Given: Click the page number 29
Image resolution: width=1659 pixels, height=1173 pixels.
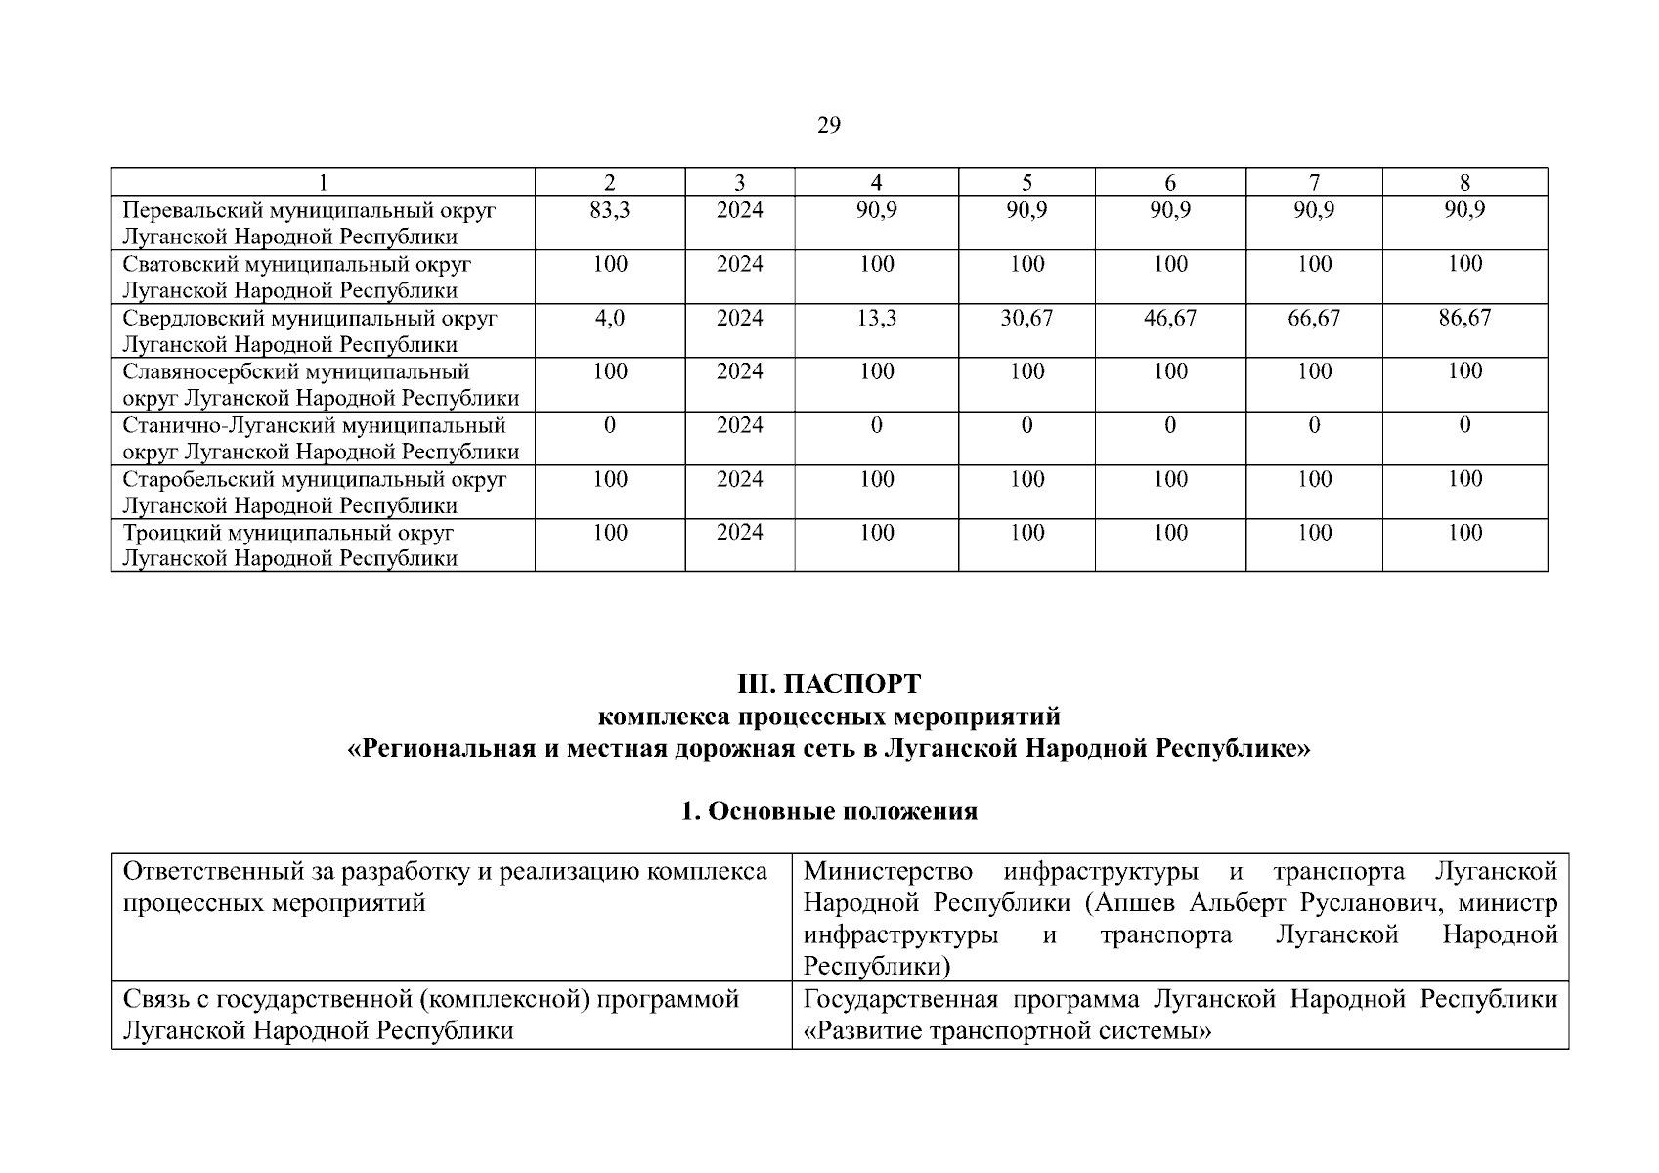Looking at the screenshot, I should click(828, 126).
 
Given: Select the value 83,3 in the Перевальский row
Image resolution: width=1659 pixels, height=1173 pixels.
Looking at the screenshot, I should click(610, 210).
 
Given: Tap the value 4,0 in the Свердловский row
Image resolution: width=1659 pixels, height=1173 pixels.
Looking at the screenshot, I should click(610, 318).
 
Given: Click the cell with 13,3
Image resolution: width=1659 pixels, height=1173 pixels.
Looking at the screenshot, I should click(876, 318).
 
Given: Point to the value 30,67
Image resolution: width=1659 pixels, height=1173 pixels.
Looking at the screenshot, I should click(1026, 318).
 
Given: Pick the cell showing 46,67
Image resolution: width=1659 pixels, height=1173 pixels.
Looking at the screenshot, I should click(1170, 318).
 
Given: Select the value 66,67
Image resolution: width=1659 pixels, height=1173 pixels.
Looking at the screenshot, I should click(1314, 318).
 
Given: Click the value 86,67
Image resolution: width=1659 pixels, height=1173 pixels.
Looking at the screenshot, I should click(1464, 318).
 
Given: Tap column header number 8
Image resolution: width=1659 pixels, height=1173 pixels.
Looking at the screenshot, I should click(1464, 183).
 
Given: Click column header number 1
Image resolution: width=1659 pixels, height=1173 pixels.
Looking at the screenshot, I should click(323, 183).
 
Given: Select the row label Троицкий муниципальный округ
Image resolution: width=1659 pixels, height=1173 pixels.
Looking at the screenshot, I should click(288, 533).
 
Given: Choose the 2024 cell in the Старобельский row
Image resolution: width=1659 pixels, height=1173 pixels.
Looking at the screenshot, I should click(739, 479).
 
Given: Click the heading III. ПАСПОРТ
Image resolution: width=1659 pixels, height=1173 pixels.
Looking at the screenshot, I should click(828, 683).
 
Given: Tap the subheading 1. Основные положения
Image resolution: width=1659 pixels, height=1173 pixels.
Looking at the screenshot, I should click(828, 811).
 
